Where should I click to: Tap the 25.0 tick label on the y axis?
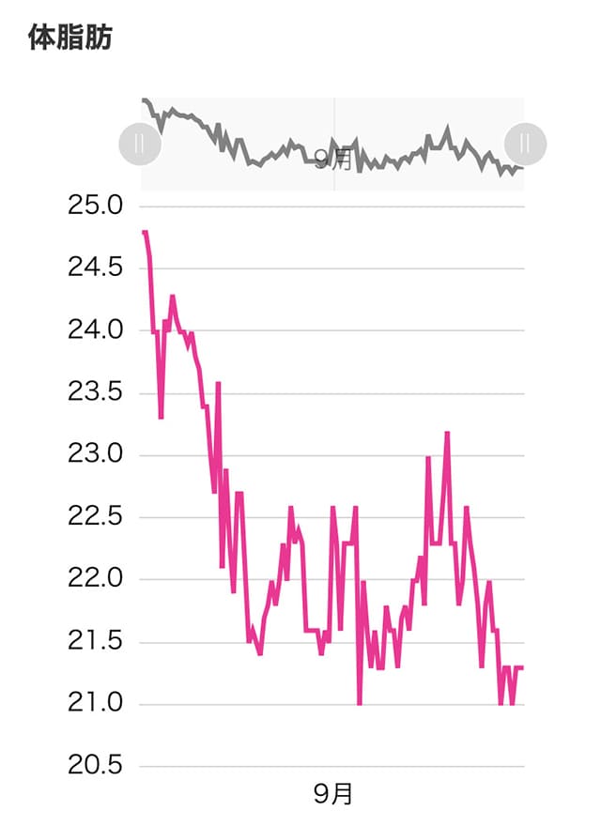pyautogui.click(x=97, y=206)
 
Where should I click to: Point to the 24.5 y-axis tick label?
pyautogui.click(x=97, y=268)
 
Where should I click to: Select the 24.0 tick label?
pyautogui.click(x=97, y=330)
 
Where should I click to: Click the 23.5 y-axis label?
pyautogui.click(x=97, y=392)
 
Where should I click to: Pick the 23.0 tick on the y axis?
pyautogui.click(x=97, y=455)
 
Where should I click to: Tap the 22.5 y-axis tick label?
pyautogui.click(x=97, y=517)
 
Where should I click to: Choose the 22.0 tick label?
pyautogui.click(x=97, y=579)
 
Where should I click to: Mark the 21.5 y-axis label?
pyautogui.click(x=97, y=642)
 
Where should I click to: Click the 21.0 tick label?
pyautogui.click(x=97, y=704)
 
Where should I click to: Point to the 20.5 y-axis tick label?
pyautogui.click(x=97, y=766)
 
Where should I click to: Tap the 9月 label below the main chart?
pyautogui.click(x=333, y=795)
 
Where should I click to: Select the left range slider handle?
pyautogui.click(x=138, y=144)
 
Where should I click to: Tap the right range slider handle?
pyautogui.click(x=524, y=144)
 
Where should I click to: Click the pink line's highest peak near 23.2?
pyautogui.click(x=447, y=433)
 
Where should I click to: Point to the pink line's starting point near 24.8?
pyautogui.click(x=144, y=232)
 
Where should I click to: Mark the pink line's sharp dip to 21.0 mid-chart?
pyautogui.click(x=359, y=702)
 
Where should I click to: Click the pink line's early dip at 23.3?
pyautogui.click(x=161, y=417)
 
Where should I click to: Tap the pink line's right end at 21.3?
pyautogui.click(x=521, y=667)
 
